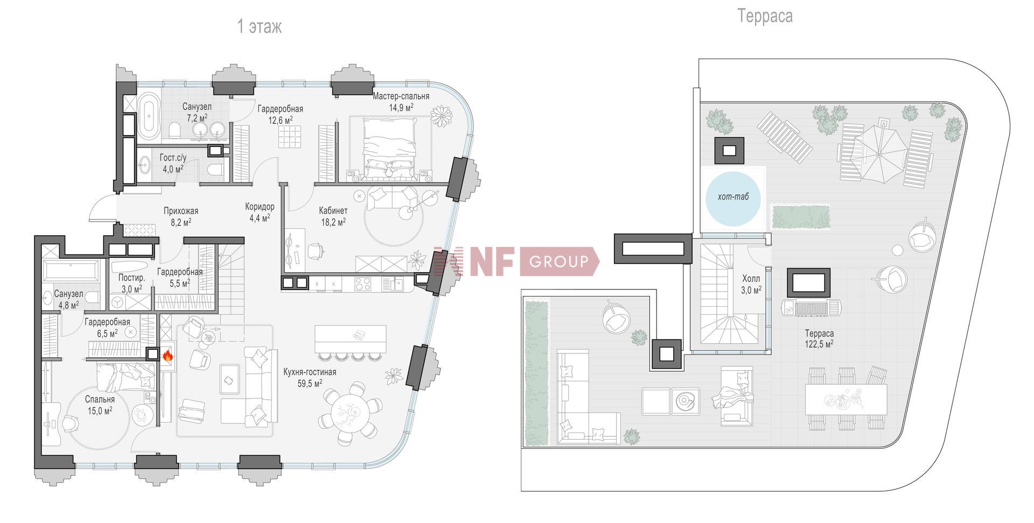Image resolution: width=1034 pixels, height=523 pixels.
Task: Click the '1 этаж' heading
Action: pyautogui.click(x=260, y=27)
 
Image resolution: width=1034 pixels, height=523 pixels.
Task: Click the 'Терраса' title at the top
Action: pyautogui.click(x=765, y=16)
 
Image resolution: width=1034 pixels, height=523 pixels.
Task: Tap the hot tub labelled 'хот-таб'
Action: pyautogui.click(x=733, y=199)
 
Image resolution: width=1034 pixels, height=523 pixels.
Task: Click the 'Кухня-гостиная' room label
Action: pyautogui.click(x=310, y=372)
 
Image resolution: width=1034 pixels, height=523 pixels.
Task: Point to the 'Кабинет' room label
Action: pyautogui.click(x=333, y=210)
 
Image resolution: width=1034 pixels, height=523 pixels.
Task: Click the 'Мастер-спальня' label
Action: pyautogui.click(x=401, y=96)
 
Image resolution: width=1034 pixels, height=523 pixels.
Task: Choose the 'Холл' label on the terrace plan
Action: pyautogui.click(x=751, y=279)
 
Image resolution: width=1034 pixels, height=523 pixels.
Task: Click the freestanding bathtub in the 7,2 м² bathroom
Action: pyautogui.click(x=149, y=114)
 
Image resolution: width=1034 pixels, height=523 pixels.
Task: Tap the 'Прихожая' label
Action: pyautogui.click(x=181, y=211)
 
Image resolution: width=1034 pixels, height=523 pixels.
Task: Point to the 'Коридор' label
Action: pyautogui.click(x=260, y=207)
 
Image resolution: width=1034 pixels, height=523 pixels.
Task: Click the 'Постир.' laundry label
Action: pyautogui.click(x=131, y=278)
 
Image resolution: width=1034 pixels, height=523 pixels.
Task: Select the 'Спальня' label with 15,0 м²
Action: pyautogui.click(x=100, y=400)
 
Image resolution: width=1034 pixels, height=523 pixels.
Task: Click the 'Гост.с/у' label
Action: pyautogui.click(x=173, y=158)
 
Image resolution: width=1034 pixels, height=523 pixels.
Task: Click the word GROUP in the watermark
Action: pyautogui.click(x=559, y=262)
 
